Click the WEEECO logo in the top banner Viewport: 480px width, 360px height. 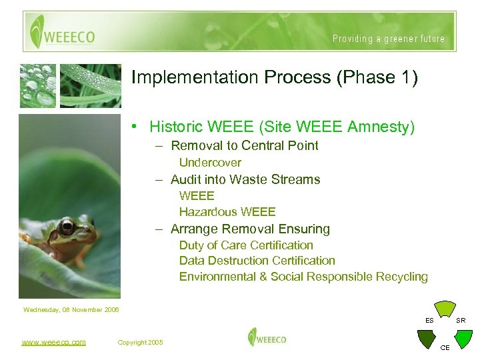64,32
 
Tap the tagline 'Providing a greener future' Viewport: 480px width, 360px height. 389,39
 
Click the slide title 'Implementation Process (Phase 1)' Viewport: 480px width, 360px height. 275,77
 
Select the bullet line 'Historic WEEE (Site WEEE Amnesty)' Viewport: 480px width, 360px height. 281,127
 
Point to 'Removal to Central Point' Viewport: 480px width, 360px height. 244,145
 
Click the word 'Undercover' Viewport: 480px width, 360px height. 210,163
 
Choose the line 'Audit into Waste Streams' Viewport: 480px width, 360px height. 245,179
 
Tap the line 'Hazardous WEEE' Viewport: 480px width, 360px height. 227,212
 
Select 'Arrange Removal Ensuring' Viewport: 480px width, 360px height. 250,229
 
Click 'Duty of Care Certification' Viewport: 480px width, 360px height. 246,245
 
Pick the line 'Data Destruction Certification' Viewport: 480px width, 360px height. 257,261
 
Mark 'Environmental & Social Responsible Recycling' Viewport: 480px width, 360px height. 303,277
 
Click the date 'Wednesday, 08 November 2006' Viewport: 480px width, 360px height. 71,309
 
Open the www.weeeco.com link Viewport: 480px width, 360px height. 53,342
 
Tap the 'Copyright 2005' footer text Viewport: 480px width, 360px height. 140,342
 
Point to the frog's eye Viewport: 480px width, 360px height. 67,227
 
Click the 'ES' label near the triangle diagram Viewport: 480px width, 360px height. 430,321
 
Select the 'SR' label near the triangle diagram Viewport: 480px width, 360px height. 461,321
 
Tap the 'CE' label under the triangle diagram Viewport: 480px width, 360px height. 445,347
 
